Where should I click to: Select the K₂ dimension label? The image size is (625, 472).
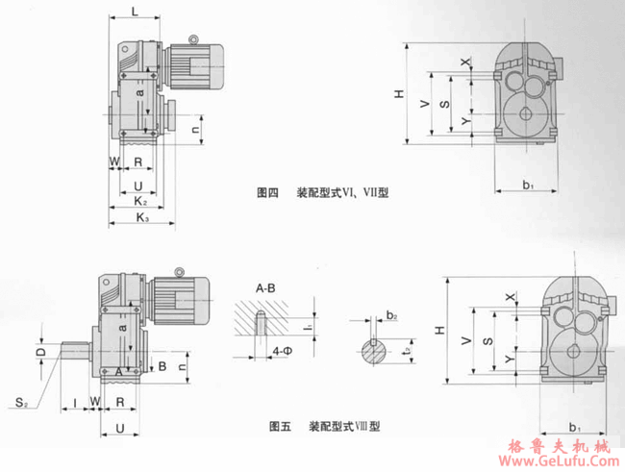point(140,201)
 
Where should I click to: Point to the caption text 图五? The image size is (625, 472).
point(280,425)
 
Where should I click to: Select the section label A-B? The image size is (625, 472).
point(266,287)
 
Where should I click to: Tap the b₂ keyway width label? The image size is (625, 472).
point(391,314)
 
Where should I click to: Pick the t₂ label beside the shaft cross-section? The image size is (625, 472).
point(409,352)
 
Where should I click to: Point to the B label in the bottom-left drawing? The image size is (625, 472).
point(163,366)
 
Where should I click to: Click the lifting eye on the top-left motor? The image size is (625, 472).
point(195,40)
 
